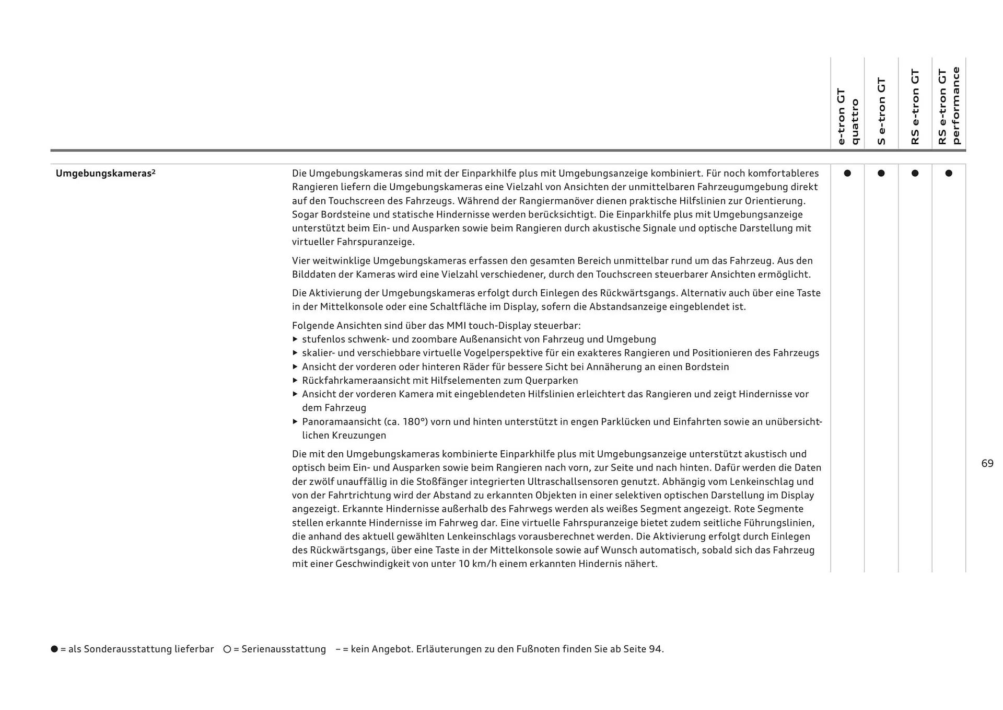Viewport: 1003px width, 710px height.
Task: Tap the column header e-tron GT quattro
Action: pos(847,116)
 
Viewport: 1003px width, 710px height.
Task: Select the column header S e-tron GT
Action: pos(881,111)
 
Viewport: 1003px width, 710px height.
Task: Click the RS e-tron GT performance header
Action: pos(949,106)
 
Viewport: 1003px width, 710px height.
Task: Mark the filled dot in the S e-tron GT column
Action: pos(881,173)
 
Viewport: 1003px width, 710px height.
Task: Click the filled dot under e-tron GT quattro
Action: pos(847,173)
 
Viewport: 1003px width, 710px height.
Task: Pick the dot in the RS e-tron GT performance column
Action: pos(949,173)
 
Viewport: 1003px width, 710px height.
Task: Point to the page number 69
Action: pos(987,464)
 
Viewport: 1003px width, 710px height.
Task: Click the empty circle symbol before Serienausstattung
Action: pos(227,649)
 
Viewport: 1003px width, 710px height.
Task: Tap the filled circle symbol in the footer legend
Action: pos(54,649)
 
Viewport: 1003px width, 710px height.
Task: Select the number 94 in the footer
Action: pos(655,649)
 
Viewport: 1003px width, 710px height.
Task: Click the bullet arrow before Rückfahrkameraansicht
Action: pos(295,381)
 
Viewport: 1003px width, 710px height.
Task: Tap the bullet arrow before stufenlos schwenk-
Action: pos(295,339)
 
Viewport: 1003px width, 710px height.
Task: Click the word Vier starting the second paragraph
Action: pos(301,261)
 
